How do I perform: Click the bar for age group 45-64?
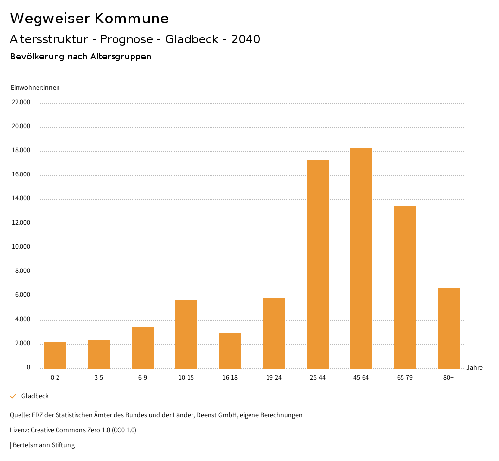pyautogui.click(x=361, y=258)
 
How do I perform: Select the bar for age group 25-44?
pyautogui.click(x=318, y=264)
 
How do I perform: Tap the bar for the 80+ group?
pyautogui.click(x=449, y=328)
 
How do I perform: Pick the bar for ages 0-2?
pyautogui.click(x=55, y=355)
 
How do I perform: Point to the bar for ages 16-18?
pyautogui.click(x=230, y=351)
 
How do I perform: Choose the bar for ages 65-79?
pyautogui.click(x=405, y=287)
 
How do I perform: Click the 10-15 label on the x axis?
pyautogui.click(x=186, y=378)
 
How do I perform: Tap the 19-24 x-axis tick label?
pyautogui.click(x=274, y=378)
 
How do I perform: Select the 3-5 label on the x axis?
pyautogui.click(x=99, y=378)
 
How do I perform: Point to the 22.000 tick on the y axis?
pyautogui.click(x=21, y=102)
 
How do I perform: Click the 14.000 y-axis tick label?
pyautogui.click(x=21, y=199)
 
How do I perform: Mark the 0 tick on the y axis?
pyautogui.click(x=28, y=367)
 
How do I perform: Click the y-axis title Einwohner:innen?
pyautogui.click(x=35, y=88)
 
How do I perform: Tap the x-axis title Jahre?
pyautogui.click(x=475, y=368)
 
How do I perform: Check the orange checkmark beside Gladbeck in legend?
pyautogui.click(x=13, y=396)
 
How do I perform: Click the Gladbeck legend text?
pyautogui.click(x=35, y=396)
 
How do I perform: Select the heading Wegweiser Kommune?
pyautogui.click(x=89, y=19)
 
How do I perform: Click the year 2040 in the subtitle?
pyautogui.click(x=246, y=39)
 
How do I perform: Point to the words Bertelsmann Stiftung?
pyautogui.click(x=43, y=445)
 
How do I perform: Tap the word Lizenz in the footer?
pyautogui.click(x=19, y=430)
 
